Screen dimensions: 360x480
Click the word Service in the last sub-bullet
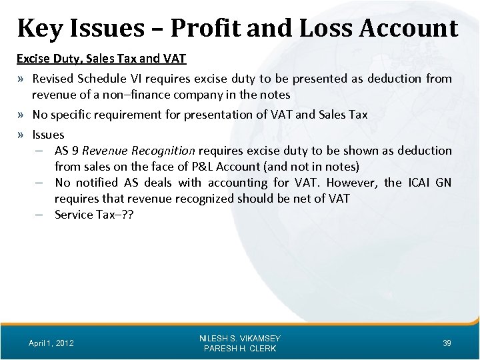click(x=74, y=215)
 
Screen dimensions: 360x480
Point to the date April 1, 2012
click(x=51, y=343)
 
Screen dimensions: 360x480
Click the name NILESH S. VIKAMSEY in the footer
click(x=240, y=338)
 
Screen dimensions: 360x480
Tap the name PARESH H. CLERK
click(x=240, y=349)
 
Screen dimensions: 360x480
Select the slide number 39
click(x=447, y=343)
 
